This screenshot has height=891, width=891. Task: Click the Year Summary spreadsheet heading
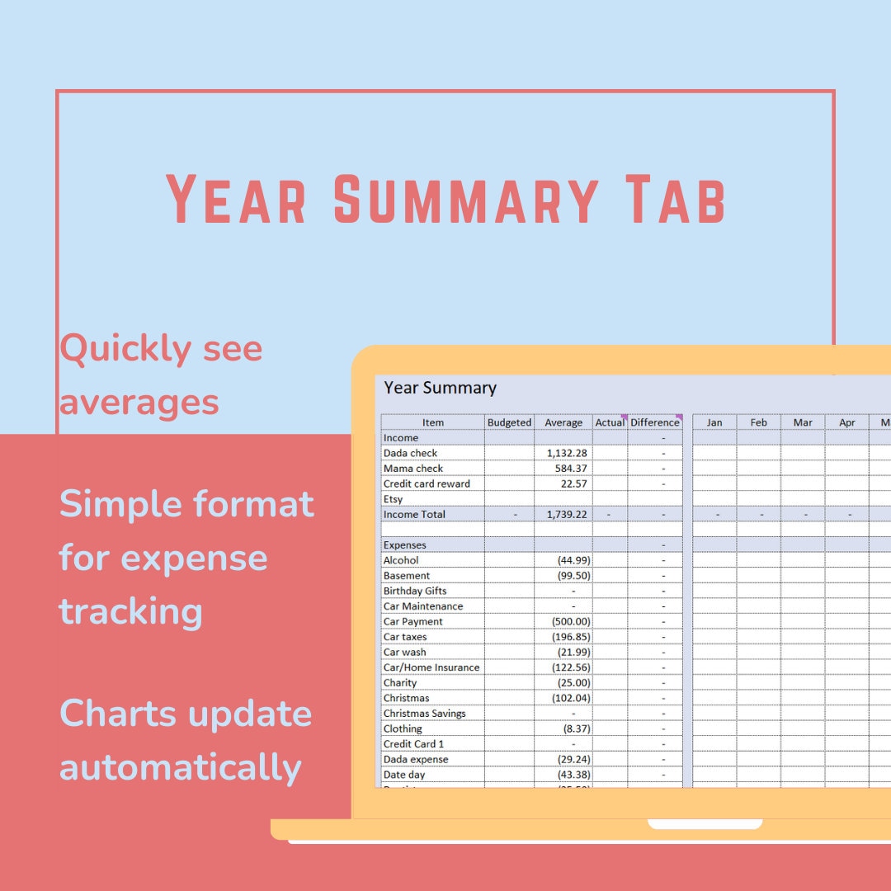tap(440, 388)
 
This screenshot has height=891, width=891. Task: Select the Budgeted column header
tap(509, 422)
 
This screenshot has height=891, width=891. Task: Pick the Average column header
tap(563, 422)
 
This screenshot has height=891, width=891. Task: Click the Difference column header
tap(654, 422)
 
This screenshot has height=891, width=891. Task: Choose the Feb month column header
tap(758, 422)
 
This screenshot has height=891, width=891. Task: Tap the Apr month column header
tap(847, 422)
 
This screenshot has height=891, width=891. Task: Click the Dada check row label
tap(410, 453)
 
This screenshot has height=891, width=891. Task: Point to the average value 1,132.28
tap(567, 453)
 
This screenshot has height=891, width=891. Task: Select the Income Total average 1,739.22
tap(567, 514)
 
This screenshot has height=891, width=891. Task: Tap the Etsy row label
tap(393, 499)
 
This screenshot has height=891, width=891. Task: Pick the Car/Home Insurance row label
tap(431, 667)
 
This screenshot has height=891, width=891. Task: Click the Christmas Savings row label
tap(424, 714)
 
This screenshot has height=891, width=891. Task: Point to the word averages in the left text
tap(139, 403)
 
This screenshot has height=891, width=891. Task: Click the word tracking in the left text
tap(130, 611)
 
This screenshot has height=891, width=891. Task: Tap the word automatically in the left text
tap(180, 767)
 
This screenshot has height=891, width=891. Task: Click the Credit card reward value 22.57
tap(573, 483)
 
